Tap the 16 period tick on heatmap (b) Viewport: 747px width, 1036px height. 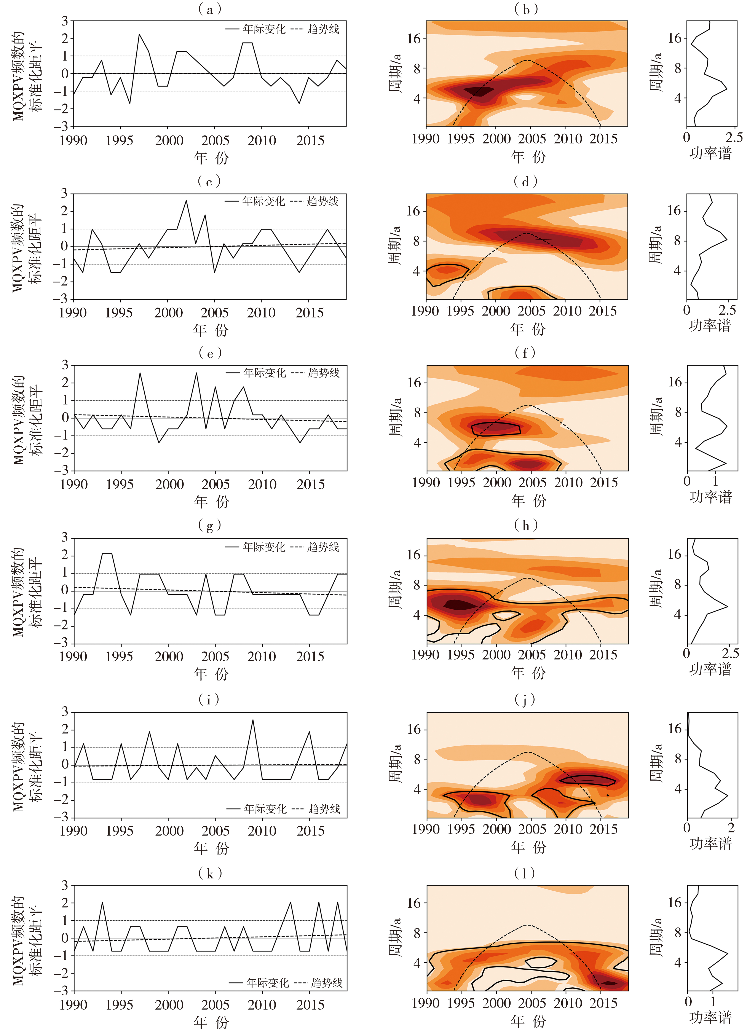[413, 39]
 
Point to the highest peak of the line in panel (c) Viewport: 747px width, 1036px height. [186, 201]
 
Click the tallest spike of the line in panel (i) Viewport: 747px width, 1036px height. [253, 720]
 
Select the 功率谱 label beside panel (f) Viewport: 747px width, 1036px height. [710, 497]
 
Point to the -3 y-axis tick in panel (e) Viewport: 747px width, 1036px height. [65, 470]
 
